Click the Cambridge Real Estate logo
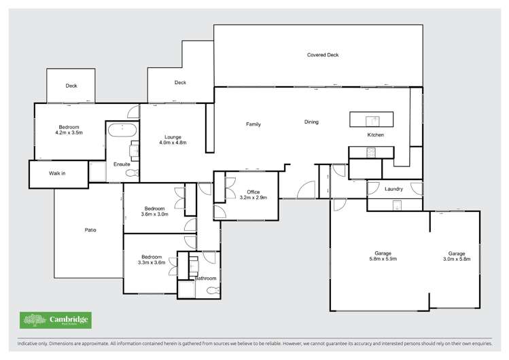55,320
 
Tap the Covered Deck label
323,55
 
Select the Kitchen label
376,135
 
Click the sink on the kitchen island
372,120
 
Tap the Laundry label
394,189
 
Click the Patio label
90,230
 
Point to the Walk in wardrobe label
58,173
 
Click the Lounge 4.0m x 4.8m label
173,140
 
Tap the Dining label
311,122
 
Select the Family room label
253,124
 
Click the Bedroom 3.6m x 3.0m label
154,211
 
